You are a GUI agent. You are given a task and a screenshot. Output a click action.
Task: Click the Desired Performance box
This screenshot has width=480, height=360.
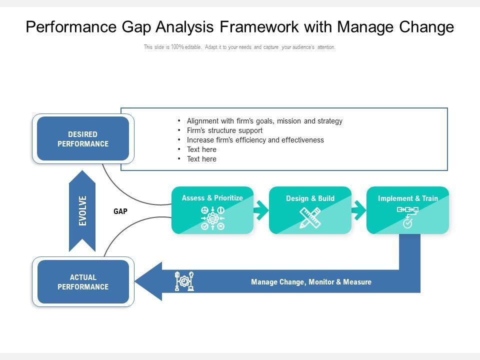click(83, 139)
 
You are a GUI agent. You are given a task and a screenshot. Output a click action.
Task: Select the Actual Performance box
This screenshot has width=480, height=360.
click(83, 282)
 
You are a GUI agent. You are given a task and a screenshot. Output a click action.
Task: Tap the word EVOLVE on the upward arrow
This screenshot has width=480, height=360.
click(82, 210)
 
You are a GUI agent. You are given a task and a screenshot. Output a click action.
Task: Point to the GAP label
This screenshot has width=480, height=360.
click(120, 211)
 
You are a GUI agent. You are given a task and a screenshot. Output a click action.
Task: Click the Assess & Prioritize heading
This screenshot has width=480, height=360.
click(212, 198)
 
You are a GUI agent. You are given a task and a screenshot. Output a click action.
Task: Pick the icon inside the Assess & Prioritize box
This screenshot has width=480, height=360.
click(212, 218)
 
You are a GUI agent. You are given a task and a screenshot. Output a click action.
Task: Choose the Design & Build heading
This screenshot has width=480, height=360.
click(310, 198)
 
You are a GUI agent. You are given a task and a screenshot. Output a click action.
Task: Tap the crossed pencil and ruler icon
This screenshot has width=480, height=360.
click(310, 218)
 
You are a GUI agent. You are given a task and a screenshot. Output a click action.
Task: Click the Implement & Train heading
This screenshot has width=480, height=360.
click(407, 198)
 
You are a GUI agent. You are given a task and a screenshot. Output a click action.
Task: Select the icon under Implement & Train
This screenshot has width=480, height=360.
click(407, 217)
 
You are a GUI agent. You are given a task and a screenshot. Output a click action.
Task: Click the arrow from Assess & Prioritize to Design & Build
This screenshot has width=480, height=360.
click(261, 210)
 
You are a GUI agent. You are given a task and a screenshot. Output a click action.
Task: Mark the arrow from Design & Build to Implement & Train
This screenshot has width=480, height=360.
click(358, 210)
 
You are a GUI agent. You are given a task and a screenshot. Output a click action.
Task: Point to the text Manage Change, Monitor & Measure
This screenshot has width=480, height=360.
click(311, 282)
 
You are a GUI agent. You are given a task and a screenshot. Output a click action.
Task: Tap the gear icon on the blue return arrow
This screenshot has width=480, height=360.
click(184, 281)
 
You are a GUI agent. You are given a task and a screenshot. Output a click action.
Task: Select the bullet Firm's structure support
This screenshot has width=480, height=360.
click(224, 130)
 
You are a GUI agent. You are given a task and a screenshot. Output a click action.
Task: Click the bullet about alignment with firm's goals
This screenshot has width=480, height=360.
click(264, 121)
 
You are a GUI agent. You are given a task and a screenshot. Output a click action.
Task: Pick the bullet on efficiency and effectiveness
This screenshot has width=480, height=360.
click(255, 140)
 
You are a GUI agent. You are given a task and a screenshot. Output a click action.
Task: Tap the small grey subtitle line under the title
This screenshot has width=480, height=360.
click(239, 47)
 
